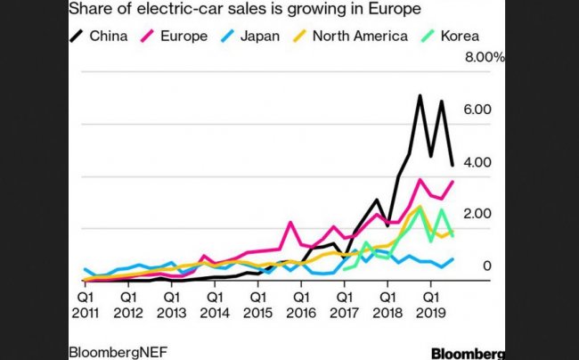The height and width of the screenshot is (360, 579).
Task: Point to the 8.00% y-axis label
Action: coord(482,57)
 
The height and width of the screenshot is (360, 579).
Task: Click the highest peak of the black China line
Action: coord(420,95)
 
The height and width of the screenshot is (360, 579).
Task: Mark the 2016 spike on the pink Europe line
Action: coord(290,222)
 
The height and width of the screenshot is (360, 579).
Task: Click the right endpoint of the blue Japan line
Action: coord(453,259)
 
